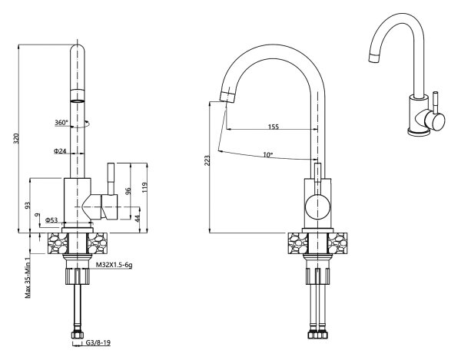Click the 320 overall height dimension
point(16,139)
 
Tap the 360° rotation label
point(61,123)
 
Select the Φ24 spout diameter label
point(60,151)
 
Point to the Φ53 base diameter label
point(51,220)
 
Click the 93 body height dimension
point(28,205)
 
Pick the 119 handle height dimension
point(144,187)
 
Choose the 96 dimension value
point(128,191)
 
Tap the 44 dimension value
point(138,219)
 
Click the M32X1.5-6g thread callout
point(114,265)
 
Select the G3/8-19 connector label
point(98,342)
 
